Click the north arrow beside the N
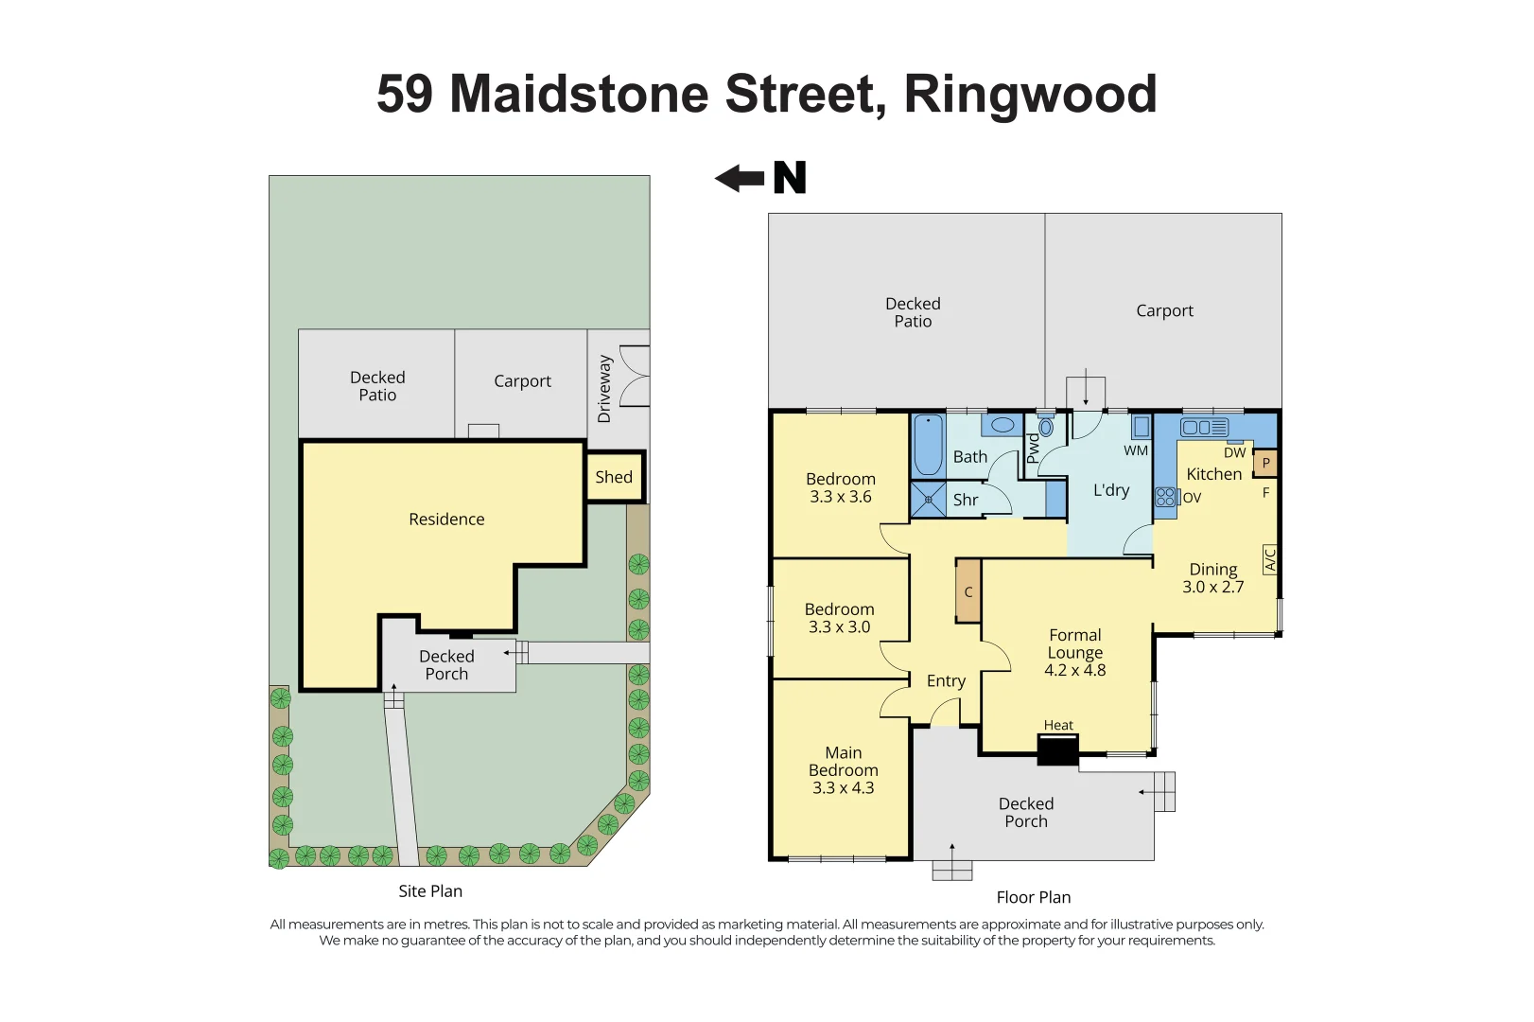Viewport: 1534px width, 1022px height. tap(739, 178)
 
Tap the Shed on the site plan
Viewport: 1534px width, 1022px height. tap(614, 477)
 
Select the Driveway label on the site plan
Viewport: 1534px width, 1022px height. tap(604, 389)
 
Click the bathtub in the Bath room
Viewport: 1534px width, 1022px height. tap(928, 446)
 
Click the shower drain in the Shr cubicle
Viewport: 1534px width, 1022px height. tap(929, 500)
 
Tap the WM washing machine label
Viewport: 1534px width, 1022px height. tap(1136, 450)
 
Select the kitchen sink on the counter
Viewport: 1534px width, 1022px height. tap(1204, 428)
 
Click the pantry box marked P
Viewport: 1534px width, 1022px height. tap(1265, 464)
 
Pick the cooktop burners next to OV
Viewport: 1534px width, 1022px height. tap(1165, 497)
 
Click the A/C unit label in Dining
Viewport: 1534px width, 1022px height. tap(1270, 559)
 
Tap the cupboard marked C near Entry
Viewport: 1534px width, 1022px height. tap(968, 591)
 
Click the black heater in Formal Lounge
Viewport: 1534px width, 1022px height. tap(1057, 750)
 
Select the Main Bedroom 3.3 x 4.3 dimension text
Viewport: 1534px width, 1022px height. tap(843, 787)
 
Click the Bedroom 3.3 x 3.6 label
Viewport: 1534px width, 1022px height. tap(841, 487)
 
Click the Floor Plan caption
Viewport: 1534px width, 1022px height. tap(1033, 897)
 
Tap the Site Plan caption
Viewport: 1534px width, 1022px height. tap(430, 890)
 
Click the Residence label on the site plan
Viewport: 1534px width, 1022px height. tap(446, 519)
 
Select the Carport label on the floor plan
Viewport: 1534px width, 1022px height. tap(1164, 310)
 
